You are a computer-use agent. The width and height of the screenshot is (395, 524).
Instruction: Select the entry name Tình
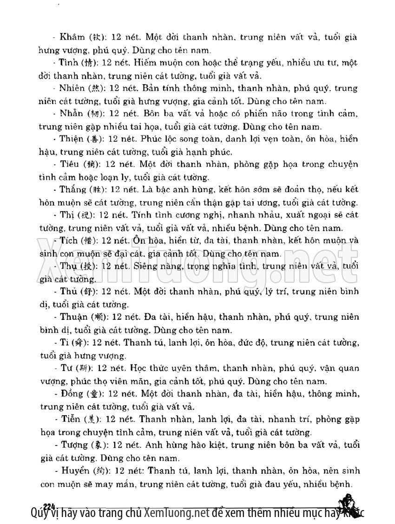pyautogui.click(x=68, y=63)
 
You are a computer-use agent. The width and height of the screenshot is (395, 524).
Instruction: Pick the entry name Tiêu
pyautogui.click(x=70, y=164)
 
